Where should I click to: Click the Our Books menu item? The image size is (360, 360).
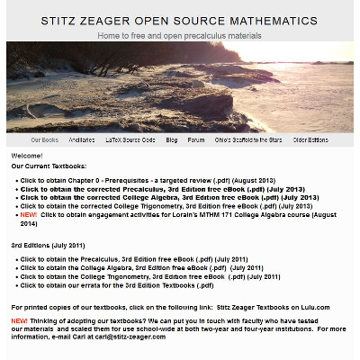pos(44,140)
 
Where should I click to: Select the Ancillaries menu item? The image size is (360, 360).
pos(81,140)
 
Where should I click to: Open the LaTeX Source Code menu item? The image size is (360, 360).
pos(130,140)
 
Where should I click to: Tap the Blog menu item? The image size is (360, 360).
pos(171,140)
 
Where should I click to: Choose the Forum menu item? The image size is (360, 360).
pos(197,140)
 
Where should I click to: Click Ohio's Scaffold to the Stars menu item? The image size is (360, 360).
pos(247,140)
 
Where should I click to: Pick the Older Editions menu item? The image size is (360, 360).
pos(310,140)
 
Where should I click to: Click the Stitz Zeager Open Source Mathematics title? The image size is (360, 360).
pos(180,21)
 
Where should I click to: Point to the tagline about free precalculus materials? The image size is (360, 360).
pos(180,36)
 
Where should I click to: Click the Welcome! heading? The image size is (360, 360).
pos(27,156)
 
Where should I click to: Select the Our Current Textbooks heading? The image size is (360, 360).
pos(49,166)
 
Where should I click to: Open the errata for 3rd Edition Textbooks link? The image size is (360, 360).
pos(117,285)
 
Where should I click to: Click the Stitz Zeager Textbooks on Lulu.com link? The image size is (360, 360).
pos(273,307)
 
